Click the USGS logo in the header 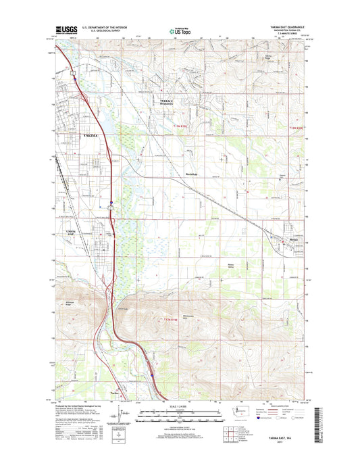click(x=66, y=30)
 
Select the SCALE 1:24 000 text click(x=180, y=404)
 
